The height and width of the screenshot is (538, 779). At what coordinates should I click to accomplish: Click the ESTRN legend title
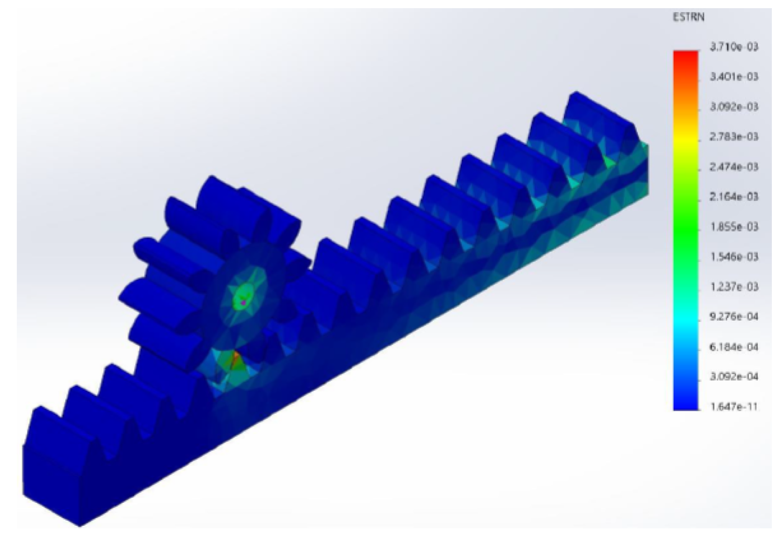point(689,17)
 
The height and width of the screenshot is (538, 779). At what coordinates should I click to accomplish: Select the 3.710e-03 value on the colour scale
point(734,46)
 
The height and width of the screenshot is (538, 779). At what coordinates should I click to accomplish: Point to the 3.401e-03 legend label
point(734,76)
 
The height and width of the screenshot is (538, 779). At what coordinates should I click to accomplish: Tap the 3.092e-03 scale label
point(734,106)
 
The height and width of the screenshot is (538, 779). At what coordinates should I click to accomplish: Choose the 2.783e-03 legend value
point(734,137)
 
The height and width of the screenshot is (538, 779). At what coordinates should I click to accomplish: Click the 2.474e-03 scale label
point(734,167)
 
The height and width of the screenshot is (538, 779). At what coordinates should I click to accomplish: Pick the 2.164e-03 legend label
point(734,197)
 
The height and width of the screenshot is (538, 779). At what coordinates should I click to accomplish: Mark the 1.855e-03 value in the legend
point(734,227)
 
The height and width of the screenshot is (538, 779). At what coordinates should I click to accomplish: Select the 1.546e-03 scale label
point(734,257)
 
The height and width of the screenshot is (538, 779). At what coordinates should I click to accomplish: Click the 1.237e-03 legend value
point(734,287)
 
